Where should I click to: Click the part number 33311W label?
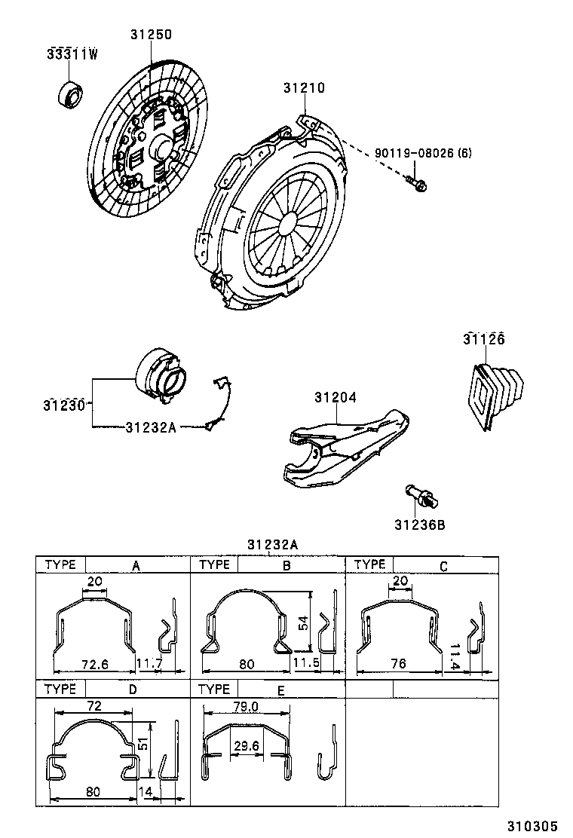click(x=72, y=54)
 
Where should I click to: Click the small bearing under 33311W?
click(x=73, y=94)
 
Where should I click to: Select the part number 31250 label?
click(x=151, y=35)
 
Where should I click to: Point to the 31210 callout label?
click(x=304, y=88)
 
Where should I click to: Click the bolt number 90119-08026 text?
click(x=422, y=153)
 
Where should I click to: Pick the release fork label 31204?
click(x=336, y=397)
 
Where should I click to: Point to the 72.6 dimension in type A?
click(x=95, y=664)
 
